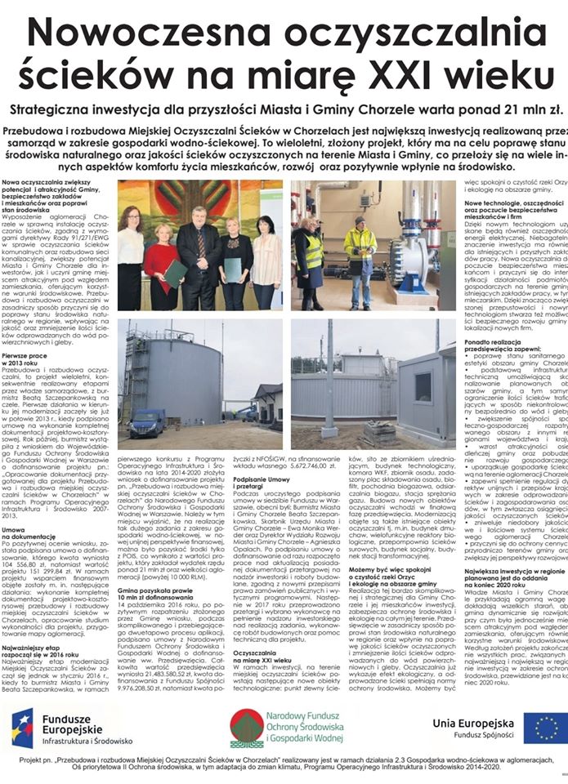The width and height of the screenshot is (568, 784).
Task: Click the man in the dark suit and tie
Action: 197,245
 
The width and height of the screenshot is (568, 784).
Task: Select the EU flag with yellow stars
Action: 543,728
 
